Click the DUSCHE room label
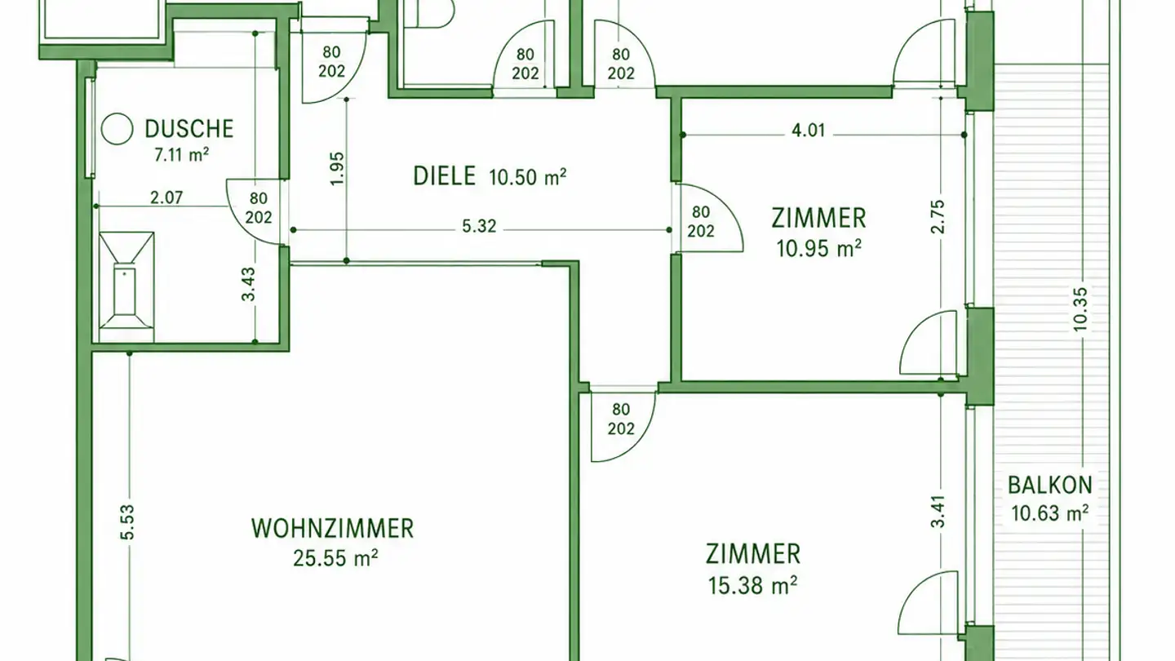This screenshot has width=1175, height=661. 188,129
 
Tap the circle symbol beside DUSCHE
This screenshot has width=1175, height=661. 117,129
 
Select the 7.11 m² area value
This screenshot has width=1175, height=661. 181,155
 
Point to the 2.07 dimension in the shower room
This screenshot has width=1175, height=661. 166,197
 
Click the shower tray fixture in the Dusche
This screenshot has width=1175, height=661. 126,287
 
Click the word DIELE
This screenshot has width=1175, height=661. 444,175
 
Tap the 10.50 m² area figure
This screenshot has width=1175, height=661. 528,177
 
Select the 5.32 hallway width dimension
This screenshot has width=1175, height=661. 479,226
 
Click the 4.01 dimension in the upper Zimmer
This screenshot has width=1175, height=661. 808,130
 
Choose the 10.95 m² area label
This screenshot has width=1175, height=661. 818,249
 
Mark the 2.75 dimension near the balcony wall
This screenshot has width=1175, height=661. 937,216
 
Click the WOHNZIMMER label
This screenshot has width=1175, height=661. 333,528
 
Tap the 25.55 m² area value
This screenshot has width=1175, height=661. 335,558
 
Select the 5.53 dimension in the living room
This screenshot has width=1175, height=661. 127,522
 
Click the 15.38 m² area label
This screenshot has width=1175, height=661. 752,585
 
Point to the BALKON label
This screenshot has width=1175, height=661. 1050,486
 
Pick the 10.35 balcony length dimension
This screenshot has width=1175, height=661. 1080,309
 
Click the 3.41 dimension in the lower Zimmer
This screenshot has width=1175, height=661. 937,511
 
